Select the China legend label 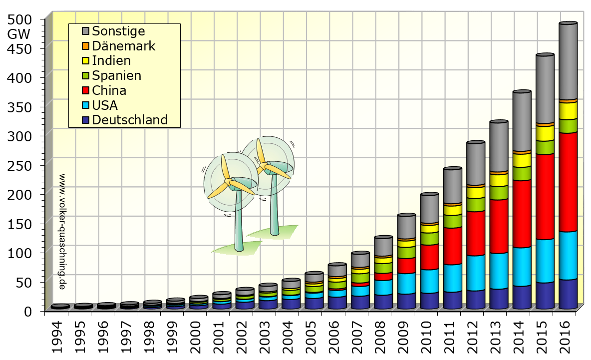coord(109,91)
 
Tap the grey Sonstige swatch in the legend coord(85,31)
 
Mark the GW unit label coord(19,34)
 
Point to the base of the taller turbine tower coord(275,232)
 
